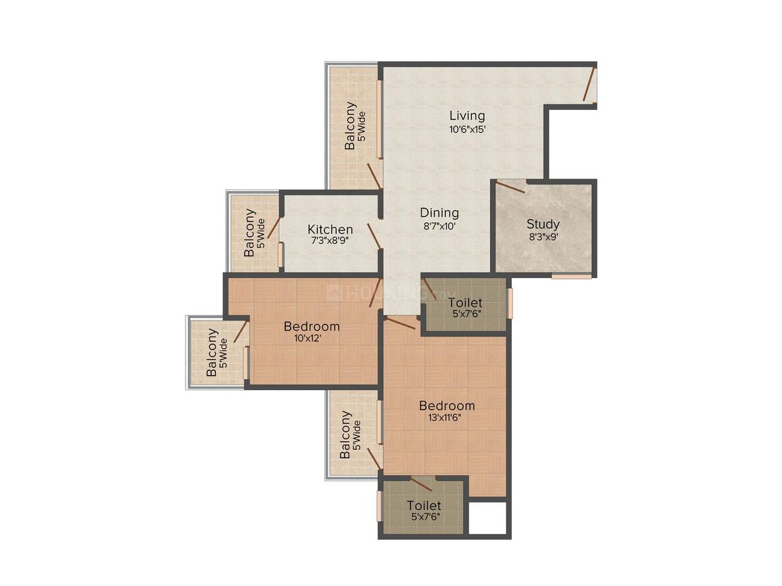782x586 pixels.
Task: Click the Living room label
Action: point(467,116)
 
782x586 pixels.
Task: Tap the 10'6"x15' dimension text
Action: point(467,129)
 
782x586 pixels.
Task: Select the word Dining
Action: point(439,213)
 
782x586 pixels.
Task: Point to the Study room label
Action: point(543,224)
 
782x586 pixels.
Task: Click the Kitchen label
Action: point(330,230)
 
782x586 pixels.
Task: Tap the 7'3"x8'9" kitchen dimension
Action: point(330,240)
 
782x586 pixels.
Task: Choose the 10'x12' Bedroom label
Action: point(311,327)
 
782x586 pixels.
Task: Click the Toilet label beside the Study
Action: point(464,302)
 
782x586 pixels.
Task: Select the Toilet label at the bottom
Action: point(424,505)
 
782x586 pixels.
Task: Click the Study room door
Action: point(511,187)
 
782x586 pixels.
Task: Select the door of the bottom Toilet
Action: point(422,484)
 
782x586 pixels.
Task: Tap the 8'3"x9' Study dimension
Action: point(543,236)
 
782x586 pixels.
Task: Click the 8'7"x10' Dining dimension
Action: point(440,226)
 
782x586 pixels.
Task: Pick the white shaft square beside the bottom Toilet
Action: point(488,518)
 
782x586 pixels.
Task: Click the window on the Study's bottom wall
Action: point(571,275)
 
